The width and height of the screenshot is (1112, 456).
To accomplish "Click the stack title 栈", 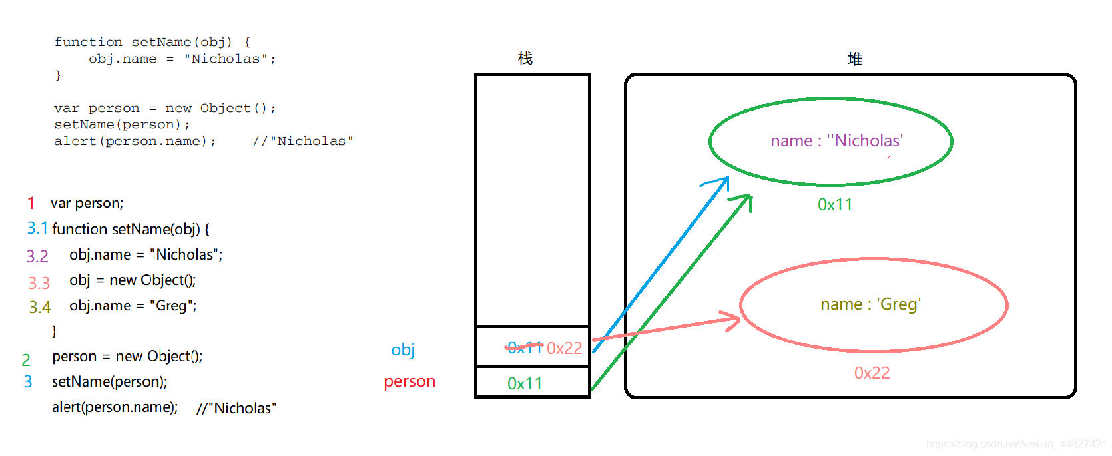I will point(525,59).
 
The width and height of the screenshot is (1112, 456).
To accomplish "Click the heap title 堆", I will point(855,59).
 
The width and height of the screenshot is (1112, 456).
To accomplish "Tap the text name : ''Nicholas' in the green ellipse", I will point(836,141).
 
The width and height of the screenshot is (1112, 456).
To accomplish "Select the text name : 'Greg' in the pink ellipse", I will point(870,304).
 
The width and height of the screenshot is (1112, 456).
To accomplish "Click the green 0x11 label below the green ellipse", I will point(835,204).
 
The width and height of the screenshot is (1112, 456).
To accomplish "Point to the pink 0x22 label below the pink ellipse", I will point(872,373).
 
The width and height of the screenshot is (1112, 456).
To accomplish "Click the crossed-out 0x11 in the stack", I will point(525,347).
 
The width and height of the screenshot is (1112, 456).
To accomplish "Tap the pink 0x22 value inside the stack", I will point(564,348).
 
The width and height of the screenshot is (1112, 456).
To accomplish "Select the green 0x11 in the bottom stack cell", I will point(525,383).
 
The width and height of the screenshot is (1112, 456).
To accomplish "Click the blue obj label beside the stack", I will point(403,350).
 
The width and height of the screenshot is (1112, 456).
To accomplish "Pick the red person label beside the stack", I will point(410,381).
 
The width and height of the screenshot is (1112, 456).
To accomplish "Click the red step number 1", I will point(31,203).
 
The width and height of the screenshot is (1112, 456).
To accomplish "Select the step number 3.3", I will point(39,283).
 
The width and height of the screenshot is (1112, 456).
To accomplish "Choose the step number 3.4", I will point(39,307).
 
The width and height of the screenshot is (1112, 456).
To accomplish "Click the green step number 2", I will point(26,360).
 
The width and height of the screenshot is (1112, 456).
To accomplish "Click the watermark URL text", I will point(1016,444).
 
